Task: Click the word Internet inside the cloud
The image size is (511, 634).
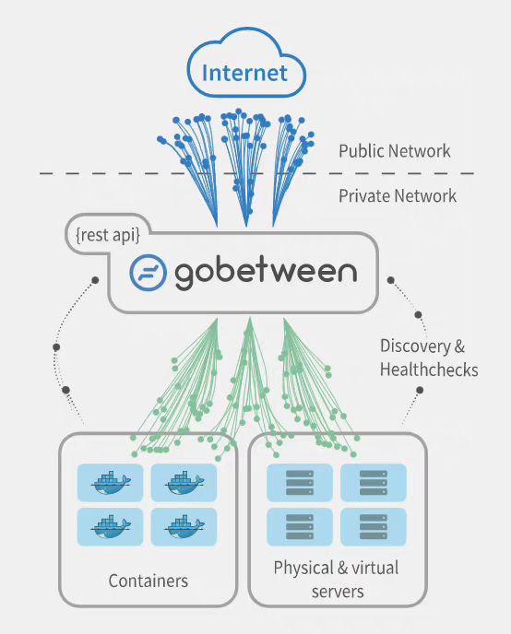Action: coord(244,72)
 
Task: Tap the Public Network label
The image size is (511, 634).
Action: coord(394,150)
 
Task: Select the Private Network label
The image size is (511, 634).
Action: coord(397,195)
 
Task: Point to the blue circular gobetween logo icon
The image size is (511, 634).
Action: coord(148,273)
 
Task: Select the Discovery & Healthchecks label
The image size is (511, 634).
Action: coord(429,358)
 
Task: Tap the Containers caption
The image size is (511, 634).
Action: coord(148,581)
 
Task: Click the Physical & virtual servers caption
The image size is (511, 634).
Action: coord(337,580)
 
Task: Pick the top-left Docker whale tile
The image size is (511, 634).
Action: coord(111,482)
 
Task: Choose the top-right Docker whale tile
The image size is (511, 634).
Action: coord(184,482)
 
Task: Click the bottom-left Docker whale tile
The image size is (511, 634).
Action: coord(111,526)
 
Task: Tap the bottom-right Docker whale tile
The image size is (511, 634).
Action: coord(184,526)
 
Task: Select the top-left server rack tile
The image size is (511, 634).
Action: coord(300,482)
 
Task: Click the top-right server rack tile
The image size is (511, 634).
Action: coord(373,482)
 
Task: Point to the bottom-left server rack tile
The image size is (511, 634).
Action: coord(300,526)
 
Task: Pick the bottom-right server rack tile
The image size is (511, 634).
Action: coord(373,526)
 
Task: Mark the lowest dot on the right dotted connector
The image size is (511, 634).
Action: coord(419,390)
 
